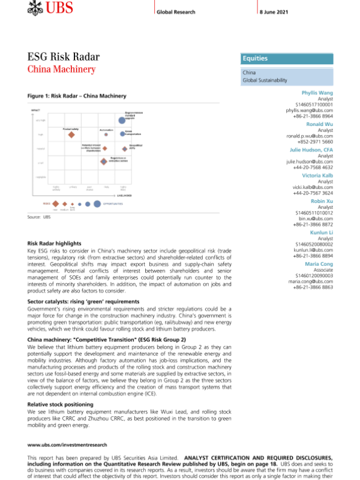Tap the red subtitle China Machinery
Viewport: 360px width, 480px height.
(x=62, y=70)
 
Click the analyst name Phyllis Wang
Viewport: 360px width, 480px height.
(x=317, y=93)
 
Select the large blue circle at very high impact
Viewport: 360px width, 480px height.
(x=122, y=121)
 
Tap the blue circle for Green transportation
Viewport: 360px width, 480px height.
(x=122, y=134)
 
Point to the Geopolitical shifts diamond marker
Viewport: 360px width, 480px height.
(x=124, y=147)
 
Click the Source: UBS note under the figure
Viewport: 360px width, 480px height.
(x=38, y=217)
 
